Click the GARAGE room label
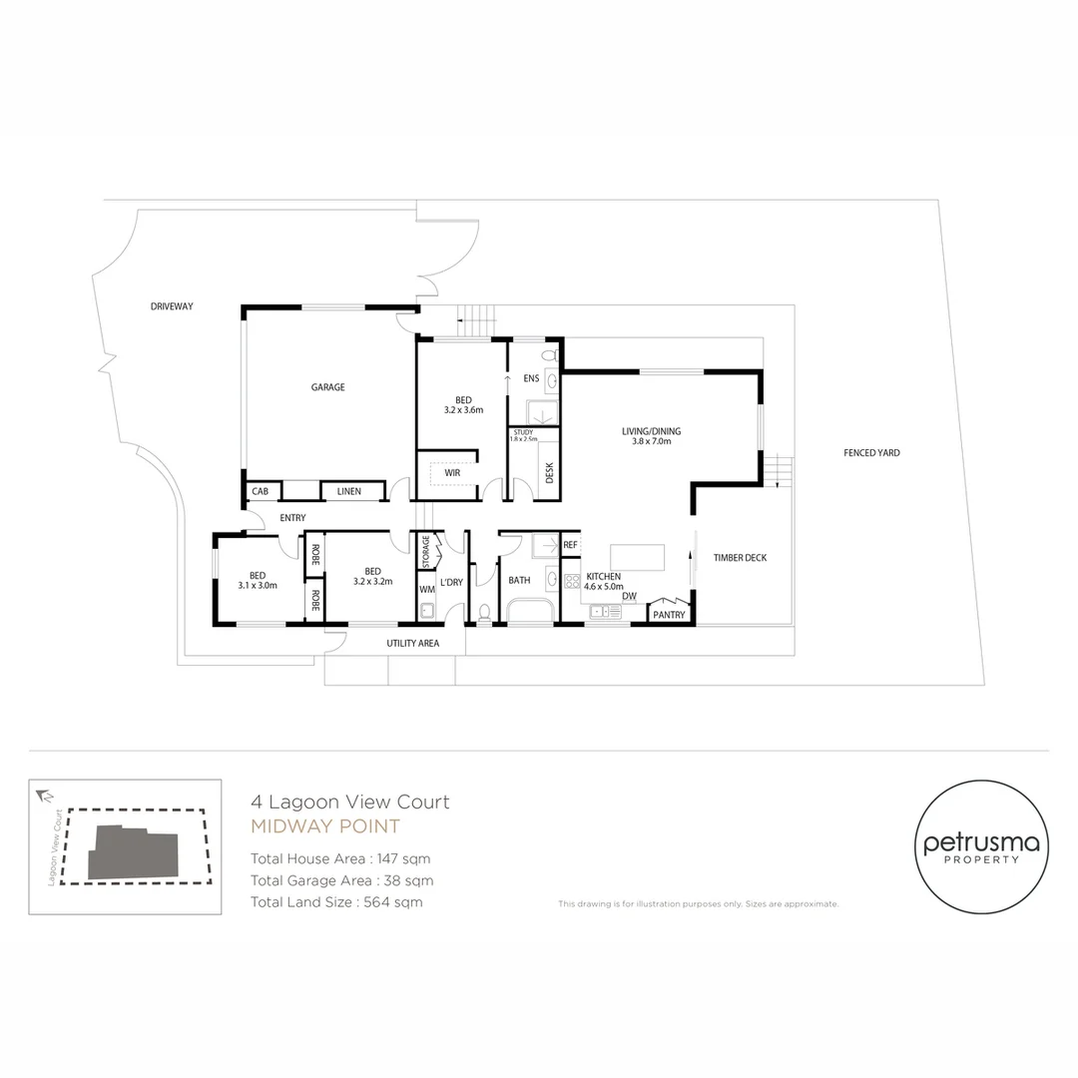[327, 387]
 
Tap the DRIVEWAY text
[172, 306]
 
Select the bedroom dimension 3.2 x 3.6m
[463, 410]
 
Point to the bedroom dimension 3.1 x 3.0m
[258, 586]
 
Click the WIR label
[452, 472]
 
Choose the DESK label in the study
[550, 472]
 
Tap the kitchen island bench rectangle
[637, 557]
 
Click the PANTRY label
[669, 615]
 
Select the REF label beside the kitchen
[570, 545]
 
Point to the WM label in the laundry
[426, 590]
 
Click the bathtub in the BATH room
[530, 611]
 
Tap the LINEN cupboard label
[349, 491]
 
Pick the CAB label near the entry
[260, 491]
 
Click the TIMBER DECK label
[740, 558]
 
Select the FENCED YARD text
[871, 453]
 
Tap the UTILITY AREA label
[412, 644]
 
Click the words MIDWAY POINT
[324, 826]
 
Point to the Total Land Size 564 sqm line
[336, 902]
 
